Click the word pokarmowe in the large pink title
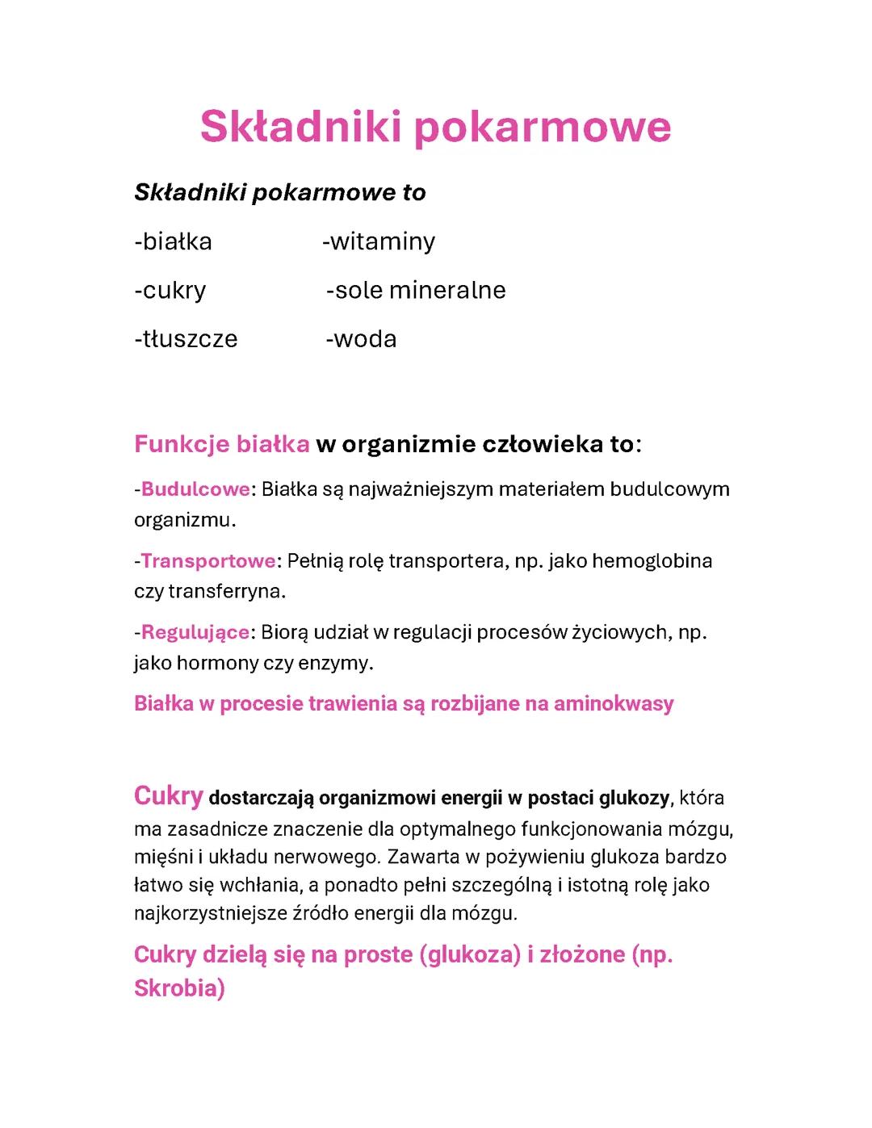[x=543, y=128]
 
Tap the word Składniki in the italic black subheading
[x=190, y=193]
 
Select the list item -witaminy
[x=379, y=241]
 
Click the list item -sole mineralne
[x=416, y=290]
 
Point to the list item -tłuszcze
[x=186, y=338]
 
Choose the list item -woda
[x=361, y=338]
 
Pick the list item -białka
[x=173, y=241]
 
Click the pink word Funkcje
[x=182, y=444]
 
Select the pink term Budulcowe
[x=195, y=489]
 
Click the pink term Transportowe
[x=208, y=560]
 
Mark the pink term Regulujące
[x=195, y=631]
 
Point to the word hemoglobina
[x=652, y=560]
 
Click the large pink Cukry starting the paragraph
[x=168, y=796]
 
